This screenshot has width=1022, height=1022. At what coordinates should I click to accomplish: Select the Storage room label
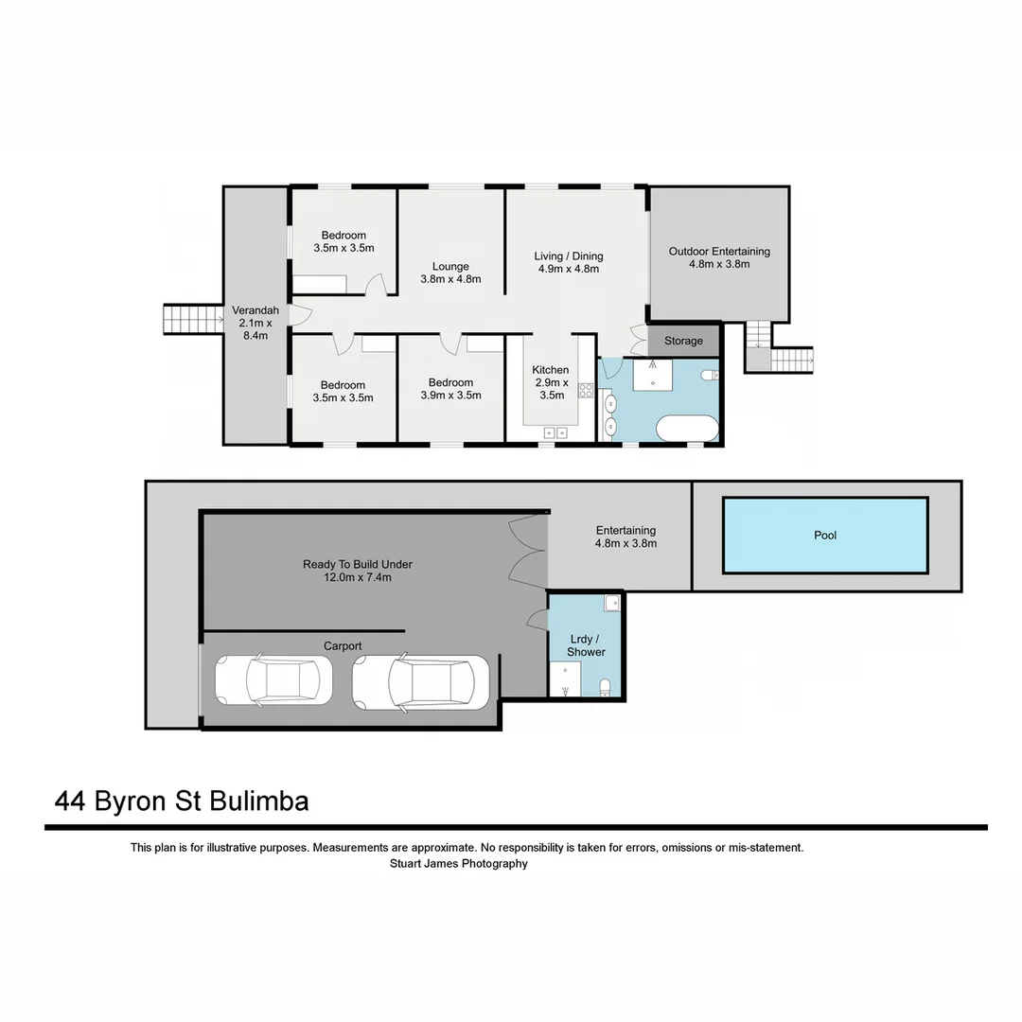(x=683, y=341)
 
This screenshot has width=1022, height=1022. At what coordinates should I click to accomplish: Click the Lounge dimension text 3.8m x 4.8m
(x=450, y=279)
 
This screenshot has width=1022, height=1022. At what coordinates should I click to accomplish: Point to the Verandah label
(x=255, y=310)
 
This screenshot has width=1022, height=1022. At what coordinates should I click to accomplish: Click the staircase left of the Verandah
(x=192, y=319)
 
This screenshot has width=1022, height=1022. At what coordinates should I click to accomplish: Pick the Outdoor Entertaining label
(x=719, y=252)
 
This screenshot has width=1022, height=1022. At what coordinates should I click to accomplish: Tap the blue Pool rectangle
(x=825, y=536)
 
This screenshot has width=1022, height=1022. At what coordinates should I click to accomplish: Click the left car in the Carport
(x=274, y=680)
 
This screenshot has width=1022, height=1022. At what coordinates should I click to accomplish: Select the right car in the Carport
(x=420, y=681)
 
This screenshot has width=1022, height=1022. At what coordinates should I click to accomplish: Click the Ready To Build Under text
(x=358, y=565)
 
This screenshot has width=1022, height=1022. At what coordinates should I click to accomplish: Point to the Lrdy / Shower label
(x=586, y=645)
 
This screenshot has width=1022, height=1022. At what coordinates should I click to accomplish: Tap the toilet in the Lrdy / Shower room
(x=606, y=685)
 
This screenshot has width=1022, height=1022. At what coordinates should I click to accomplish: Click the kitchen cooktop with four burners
(x=586, y=390)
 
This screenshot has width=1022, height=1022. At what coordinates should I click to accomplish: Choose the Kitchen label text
(x=550, y=370)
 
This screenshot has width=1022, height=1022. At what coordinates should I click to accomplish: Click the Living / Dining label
(x=569, y=256)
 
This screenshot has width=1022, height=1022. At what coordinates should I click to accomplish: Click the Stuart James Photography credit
(x=459, y=864)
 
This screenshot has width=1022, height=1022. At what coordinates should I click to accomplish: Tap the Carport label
(x=343, y=646)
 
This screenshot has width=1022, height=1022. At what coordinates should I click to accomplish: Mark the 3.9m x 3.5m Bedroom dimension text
(x=450, y=396)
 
